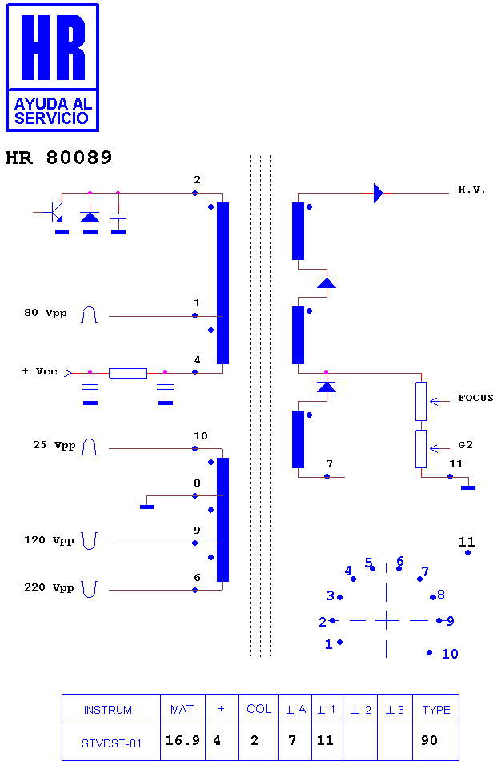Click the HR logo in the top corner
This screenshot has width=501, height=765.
pos(52,67)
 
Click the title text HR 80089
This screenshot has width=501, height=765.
pos(58,158)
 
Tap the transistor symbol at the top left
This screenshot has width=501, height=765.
pos(55,213)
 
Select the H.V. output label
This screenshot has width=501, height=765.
pos(471,190)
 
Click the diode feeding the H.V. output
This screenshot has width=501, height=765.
pos(379,193)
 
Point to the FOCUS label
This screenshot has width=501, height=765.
pos(475,398)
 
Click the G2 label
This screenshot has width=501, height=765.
pos(466,444)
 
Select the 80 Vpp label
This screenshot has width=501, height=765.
pos(46,313)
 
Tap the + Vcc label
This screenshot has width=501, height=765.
pos(40,371)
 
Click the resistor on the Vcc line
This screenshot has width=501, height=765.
pos(128,374)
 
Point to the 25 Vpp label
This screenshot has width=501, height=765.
pos(54,446)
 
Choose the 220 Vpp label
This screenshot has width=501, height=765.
pos(50,587)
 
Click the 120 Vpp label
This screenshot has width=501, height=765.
pos(50,541)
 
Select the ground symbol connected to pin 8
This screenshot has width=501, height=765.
pos(146,507)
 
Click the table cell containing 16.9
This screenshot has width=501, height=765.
pos(183,742)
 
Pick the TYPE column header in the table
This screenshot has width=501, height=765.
pos(436,709)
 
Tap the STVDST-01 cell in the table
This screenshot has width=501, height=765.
pos(111,742)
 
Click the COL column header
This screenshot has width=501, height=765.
pos(259,709)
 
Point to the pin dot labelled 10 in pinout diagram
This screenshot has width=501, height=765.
pos(429,652)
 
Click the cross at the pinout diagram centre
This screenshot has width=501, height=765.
pos(387,621)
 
